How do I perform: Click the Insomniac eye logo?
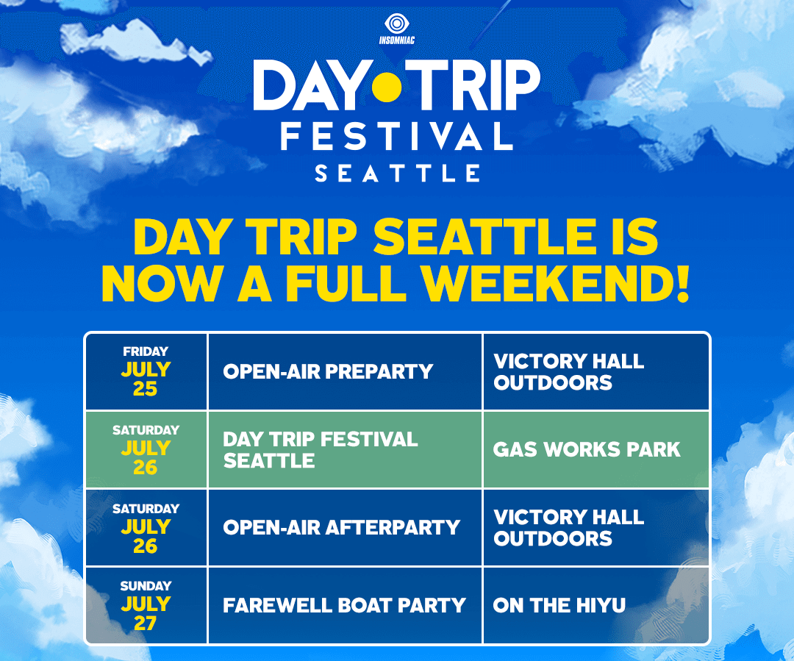coord(396,24)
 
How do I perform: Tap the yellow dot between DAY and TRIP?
coord(387,87)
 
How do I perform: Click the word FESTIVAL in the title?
coord(396,136)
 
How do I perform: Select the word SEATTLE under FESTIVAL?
coord(398,174)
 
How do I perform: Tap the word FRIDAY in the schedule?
coord(146,351)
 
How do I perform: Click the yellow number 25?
coord(146,388)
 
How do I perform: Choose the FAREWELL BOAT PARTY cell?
coord(344,605)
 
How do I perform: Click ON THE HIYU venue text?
coord(559,605)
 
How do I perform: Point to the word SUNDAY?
coord(146,586)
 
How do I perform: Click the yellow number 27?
coord(146,623)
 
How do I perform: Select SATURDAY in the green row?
coord(146,430)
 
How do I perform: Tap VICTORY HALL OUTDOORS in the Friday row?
coord(568,372)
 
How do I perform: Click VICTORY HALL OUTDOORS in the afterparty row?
coord(568,528)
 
